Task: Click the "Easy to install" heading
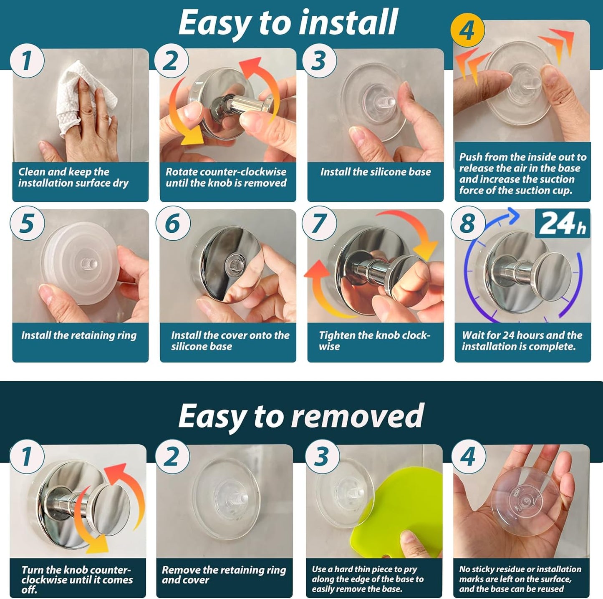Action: coord(288,22)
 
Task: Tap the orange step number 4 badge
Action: coord(467,30)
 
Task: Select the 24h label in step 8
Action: coord(563,223)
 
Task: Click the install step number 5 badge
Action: coord(27,224)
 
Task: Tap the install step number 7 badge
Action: coord(319,224)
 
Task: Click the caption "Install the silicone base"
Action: coord(376,172)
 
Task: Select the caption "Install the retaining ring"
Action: coord(79,335)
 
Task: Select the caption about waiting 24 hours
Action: coord(522,341)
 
